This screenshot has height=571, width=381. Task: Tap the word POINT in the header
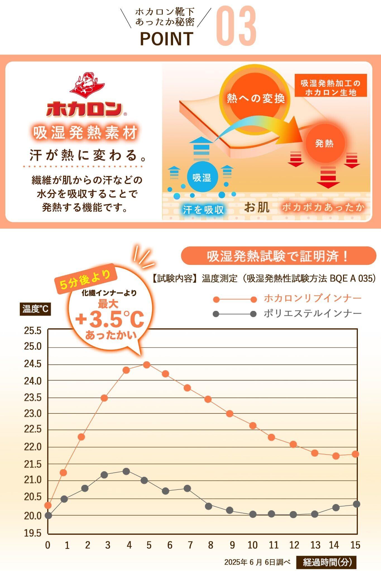(166, 39)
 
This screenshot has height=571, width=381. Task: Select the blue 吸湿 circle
(202, 177)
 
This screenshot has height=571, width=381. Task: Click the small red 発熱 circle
(324, 143)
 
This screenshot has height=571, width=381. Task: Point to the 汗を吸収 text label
(203, 210)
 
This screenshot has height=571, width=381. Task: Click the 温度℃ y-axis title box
(35, 309)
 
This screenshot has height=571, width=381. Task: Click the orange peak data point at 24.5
(147, 364)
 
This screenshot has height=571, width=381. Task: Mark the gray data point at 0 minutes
(48, 516)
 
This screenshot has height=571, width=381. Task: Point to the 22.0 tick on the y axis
(33, 447)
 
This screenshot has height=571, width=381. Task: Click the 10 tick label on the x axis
(253, 545)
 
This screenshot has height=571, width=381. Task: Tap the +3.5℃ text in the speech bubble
(110, 320)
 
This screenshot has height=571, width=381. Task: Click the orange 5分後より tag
(85, 279)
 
